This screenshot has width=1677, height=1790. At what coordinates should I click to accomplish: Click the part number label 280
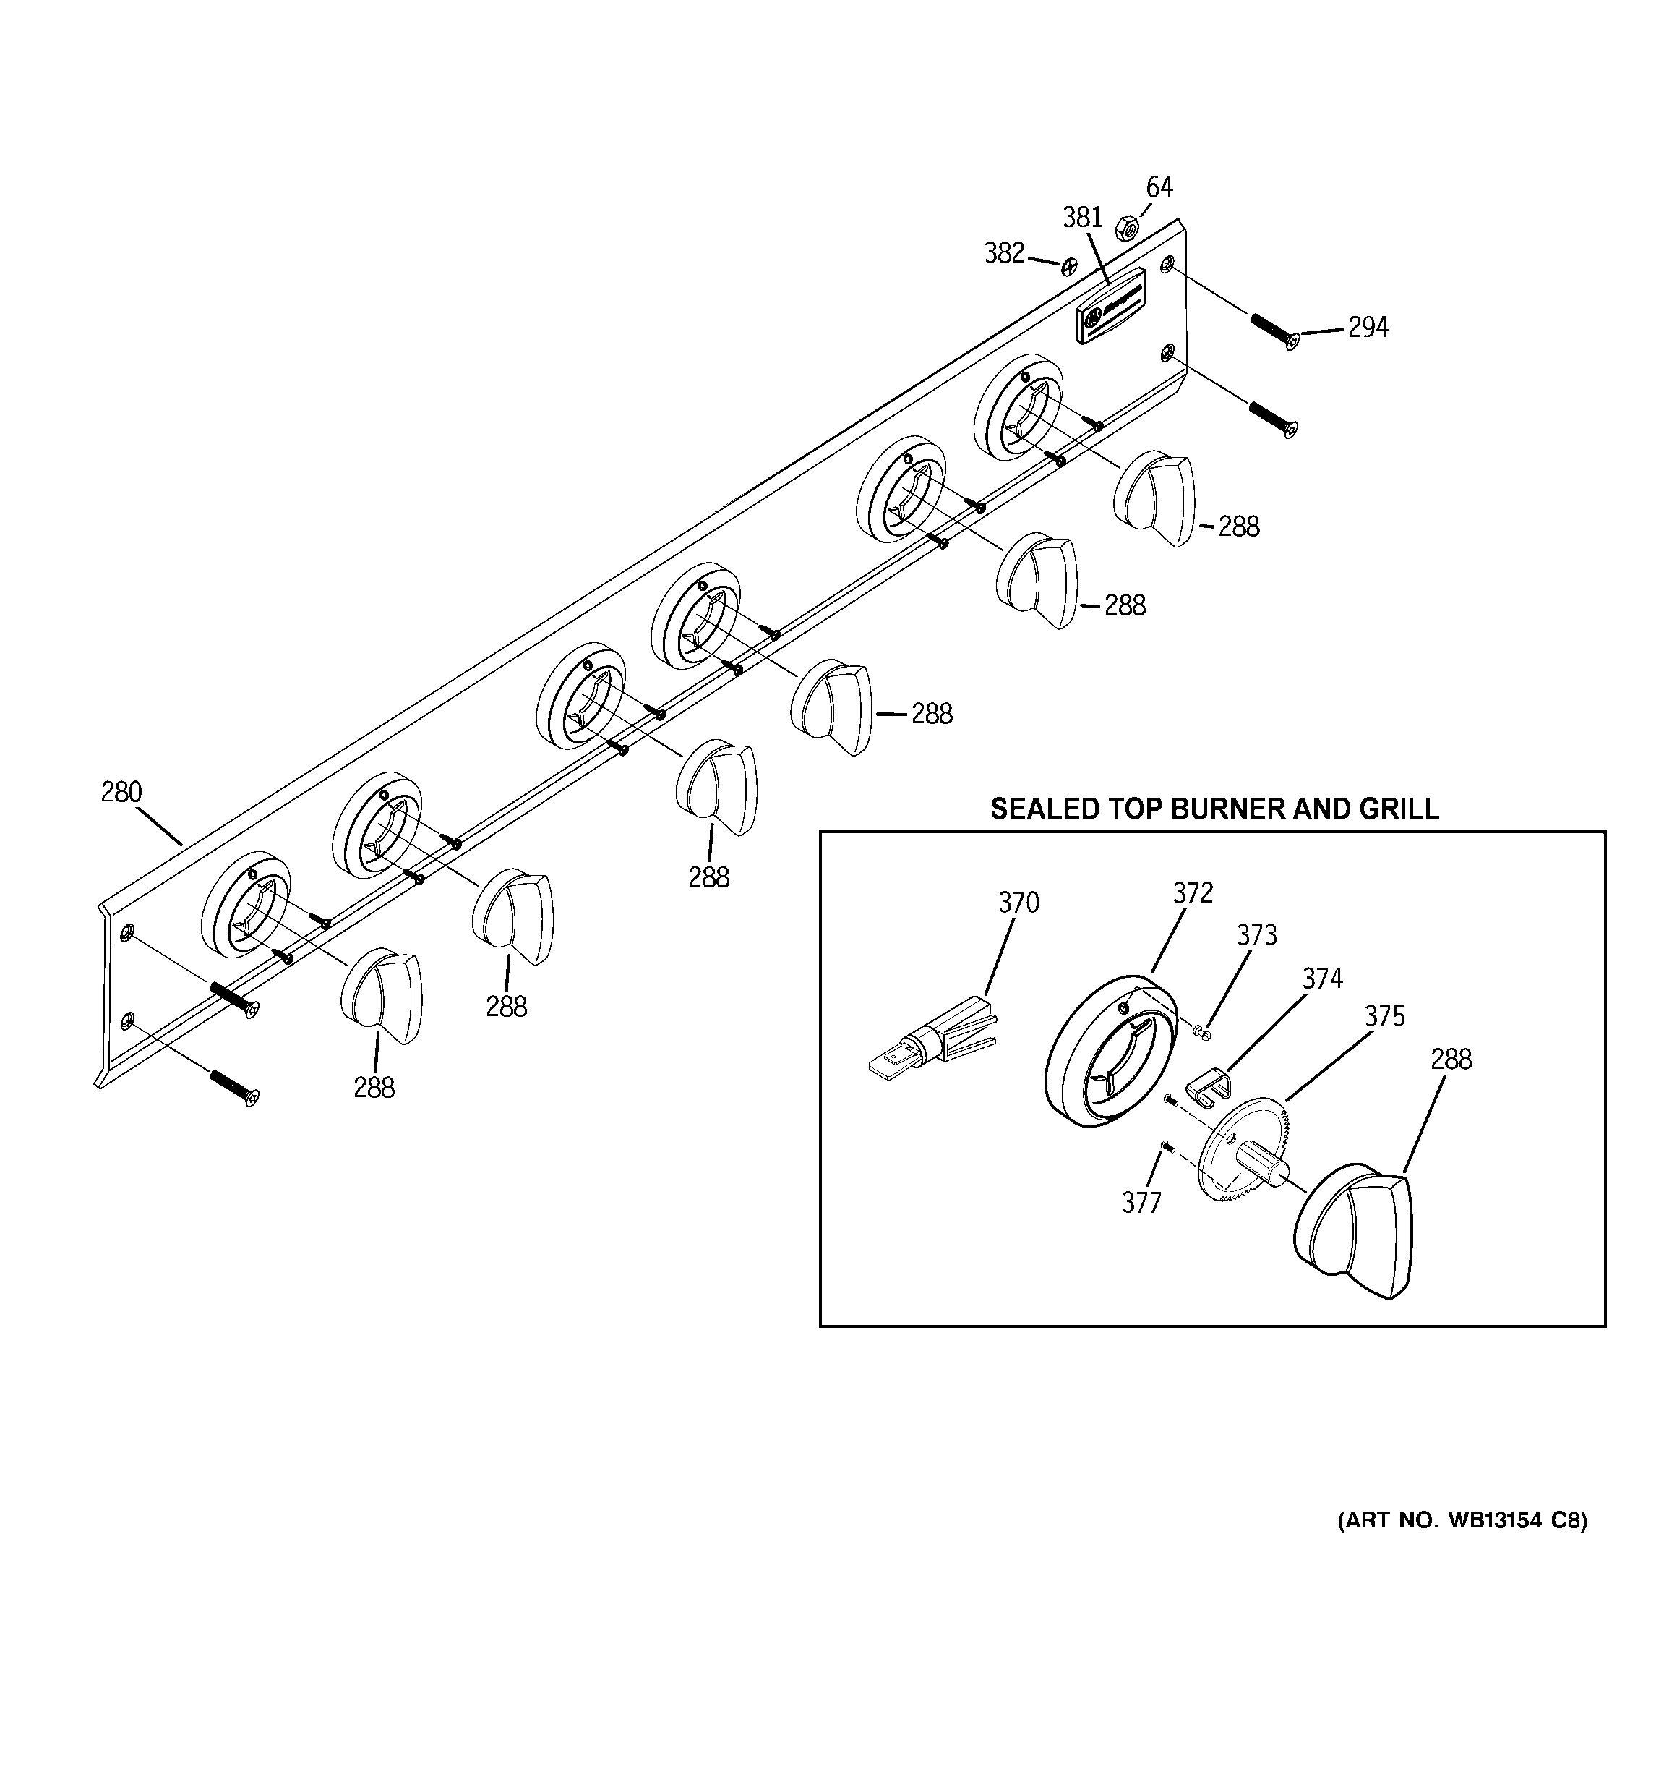pos(121,793)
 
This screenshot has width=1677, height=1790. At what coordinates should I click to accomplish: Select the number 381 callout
pos(1082,218)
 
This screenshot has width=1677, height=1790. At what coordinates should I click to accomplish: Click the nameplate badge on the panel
pos(1112,305)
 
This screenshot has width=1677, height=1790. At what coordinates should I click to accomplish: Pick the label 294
pos(1368,328)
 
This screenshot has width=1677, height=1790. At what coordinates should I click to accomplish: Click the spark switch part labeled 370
pos(936,1044)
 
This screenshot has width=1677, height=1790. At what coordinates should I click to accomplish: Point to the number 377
pos(1141,1203)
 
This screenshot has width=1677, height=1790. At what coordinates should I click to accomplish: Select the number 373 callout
pos(1256,937)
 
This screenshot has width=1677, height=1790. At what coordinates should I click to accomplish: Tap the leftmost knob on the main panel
pos(382,995)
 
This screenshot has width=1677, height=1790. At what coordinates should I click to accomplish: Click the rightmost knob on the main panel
pos(1155,500)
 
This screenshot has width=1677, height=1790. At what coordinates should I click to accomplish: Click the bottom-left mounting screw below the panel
pos(234,1088)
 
